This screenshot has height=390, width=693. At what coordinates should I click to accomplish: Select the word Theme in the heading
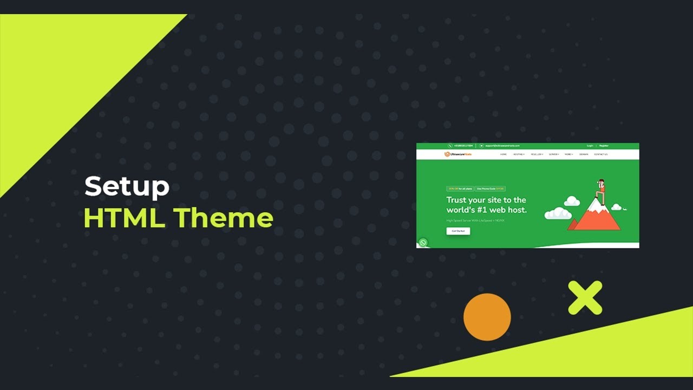[x=223, y=218]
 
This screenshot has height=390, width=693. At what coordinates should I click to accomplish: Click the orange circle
[x=487, y=317]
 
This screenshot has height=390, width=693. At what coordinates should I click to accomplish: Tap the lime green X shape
[x=585, y=297]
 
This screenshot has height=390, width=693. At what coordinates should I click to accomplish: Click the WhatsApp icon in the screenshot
[x=423, y=243]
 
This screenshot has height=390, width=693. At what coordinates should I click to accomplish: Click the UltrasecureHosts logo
[x=458, y=154]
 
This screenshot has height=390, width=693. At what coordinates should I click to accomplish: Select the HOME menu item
[x=504, y=154]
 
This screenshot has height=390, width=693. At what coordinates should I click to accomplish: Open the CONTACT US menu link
[x=600, y=154]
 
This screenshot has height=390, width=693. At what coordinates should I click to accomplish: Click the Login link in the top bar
[x=590, y=146]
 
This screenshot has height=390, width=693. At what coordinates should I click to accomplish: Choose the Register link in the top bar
[x=604, y=146]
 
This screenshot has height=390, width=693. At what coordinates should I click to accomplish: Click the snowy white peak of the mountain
[x=596, y=205]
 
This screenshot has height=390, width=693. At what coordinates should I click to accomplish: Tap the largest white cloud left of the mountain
[x=558, y=213]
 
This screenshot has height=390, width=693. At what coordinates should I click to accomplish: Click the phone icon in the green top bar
[x=450, y=146]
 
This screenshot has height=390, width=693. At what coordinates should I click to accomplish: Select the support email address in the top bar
[x=502, y=146]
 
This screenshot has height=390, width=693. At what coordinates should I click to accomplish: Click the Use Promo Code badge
[x=491, y=188]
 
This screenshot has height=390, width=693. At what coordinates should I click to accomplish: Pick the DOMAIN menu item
[x=584, y=154]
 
